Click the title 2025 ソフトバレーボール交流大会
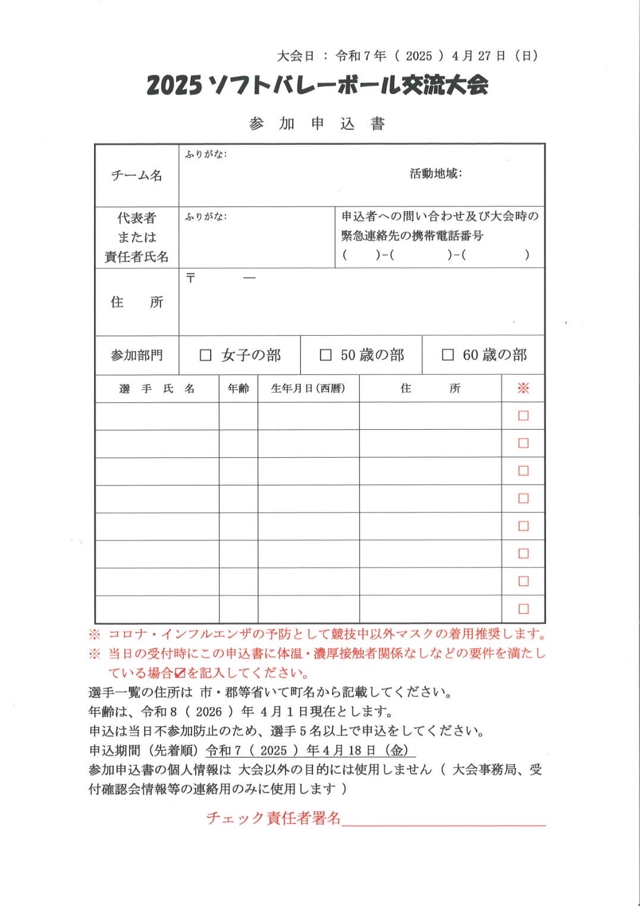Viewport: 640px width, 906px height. tap(317, 86)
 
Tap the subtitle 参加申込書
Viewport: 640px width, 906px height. tap(317, 124)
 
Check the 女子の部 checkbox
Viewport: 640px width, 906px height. tap(206, 355)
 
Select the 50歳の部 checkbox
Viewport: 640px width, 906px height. tap(325, 355)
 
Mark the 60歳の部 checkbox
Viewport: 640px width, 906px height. tap(448, 355)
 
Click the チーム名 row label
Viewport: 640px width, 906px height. tap(137, 176)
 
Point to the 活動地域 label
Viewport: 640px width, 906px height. tap(435, 174)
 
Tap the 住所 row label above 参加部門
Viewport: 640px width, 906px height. tap(137, 302)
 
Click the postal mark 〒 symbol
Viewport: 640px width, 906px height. tap(190, 278)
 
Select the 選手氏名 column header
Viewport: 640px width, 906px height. tap(157, 389)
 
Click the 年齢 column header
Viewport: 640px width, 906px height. tap(239, 389)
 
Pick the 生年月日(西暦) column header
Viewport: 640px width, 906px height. tap(308, 389)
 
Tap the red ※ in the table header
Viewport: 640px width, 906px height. tap(523, 389)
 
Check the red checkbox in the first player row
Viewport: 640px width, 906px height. tap(523, 416)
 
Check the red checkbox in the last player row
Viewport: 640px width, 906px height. tap(523, 609)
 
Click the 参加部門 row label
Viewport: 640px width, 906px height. tap(137, 355)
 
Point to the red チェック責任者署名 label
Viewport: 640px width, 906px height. tap(273, 818)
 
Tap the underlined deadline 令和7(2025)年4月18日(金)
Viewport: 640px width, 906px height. tap(310, 751)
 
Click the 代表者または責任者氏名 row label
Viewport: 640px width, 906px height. tap(137, 238)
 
